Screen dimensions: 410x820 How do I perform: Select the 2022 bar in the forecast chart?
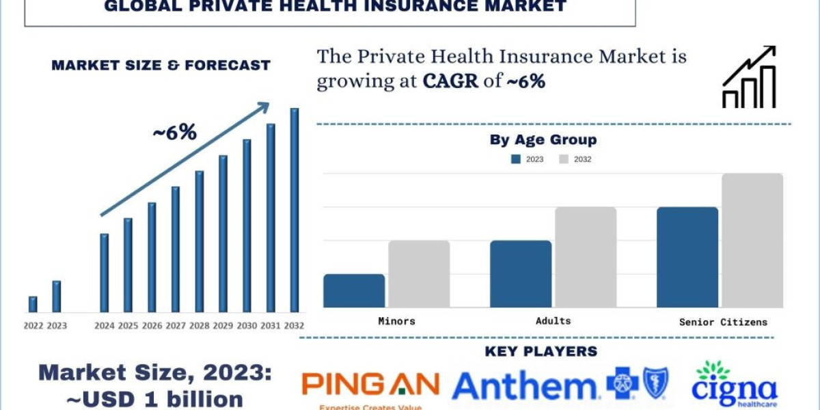(33, 304)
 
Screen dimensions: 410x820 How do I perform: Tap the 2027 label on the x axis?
(175, 325)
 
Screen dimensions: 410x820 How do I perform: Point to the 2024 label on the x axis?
(104, 325)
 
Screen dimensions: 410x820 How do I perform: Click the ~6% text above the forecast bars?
(174, 133)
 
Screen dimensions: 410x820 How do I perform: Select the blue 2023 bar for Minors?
(354, 290)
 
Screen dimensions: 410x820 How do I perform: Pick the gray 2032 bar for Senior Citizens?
(752, 241)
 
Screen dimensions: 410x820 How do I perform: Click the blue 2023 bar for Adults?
(521, 273)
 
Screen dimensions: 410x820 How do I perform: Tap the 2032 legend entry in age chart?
(575, 159)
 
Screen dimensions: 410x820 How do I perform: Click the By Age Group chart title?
(543, 140)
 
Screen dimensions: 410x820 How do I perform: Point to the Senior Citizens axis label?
(723, 322)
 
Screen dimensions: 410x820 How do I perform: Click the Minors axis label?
(396, 320)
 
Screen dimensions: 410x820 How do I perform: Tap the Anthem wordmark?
(525, 386)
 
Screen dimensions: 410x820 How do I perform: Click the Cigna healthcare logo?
(734, 384)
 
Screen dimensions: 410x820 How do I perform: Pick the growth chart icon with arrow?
(749, 77)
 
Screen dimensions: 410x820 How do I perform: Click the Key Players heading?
(541, 352)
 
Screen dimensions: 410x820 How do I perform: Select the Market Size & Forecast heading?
(161, 66)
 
